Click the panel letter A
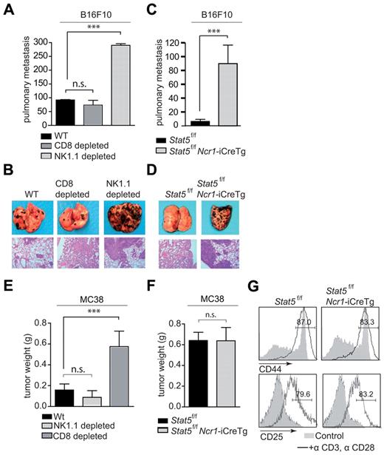click(8, 9)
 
